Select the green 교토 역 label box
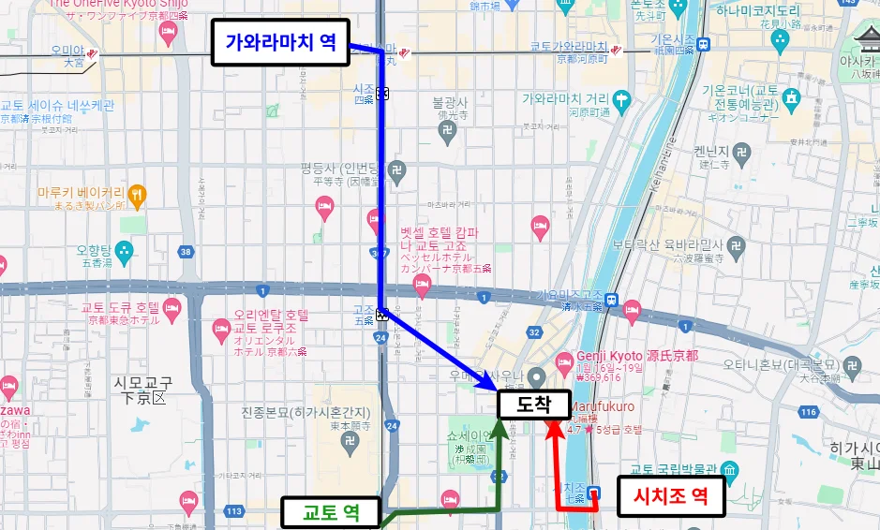click(x=332, y=513)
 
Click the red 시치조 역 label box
click(x=671, y=496)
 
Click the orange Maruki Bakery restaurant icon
click(x=138, y=194)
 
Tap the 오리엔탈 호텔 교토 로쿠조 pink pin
click(x=221, y=329)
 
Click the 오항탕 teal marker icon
click(x=125, y=250)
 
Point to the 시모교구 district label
click(x=140, y=390)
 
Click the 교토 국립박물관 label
click(x=673, y=469)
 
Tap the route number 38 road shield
click(x=186, y=252)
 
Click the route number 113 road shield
click(x=233, y=510)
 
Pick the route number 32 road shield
click(x=534, y=331)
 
